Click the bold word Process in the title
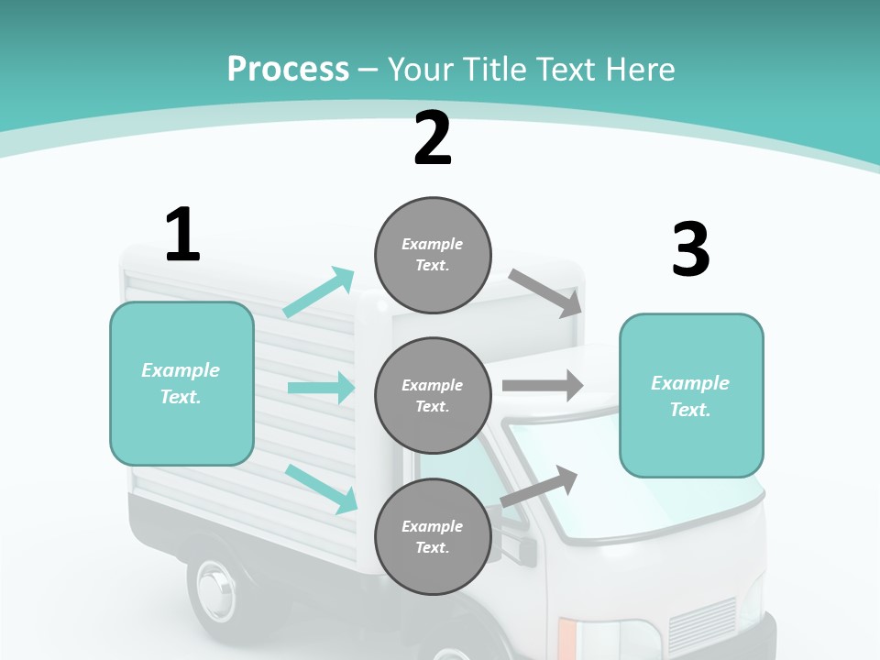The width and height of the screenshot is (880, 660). (288, 69)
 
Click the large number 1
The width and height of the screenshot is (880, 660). (182, 235)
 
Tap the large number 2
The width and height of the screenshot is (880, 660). (433, 138)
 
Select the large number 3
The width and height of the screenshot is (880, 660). (690, 249)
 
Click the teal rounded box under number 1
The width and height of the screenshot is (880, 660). (181, 383)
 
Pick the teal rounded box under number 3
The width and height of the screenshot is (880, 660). (691, 395)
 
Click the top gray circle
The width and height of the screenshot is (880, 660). (433, 255)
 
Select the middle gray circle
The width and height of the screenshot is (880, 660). (433, 395)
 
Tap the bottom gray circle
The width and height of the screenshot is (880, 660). (433, 536)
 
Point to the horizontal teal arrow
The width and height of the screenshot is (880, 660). (321, 388)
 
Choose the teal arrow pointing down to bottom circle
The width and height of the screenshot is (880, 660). (322, 488)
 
